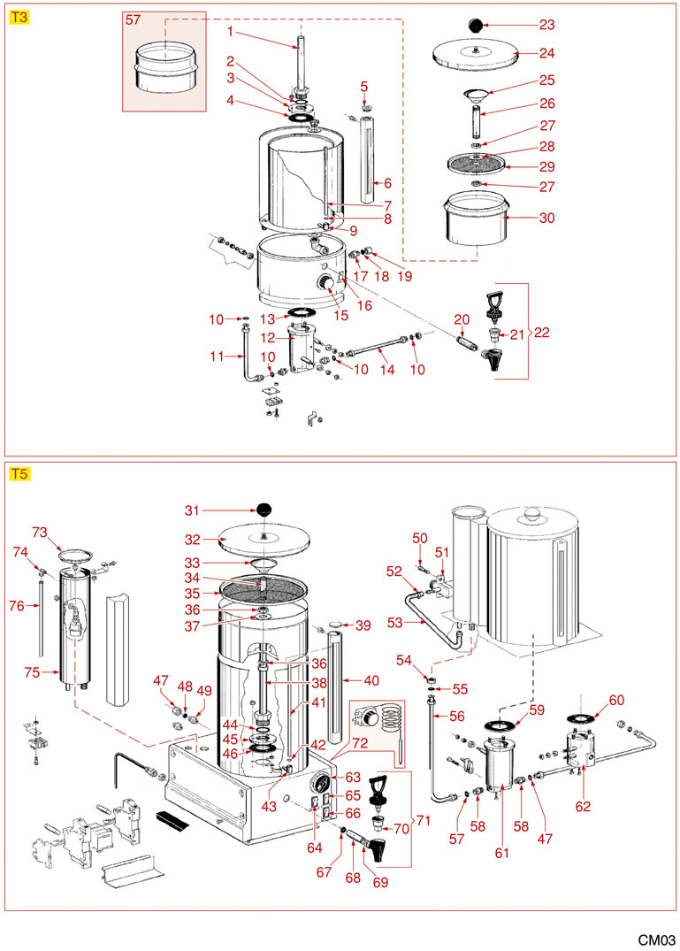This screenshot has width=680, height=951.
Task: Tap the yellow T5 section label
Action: pyautogui.click(x=19, y=473)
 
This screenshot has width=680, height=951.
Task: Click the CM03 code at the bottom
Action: pyautogui.click(x=658, y=939)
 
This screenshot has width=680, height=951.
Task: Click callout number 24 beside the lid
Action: pyautogui.click(x=546, y=52)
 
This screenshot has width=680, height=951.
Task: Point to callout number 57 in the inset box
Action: pyautogui.click(x=133, y=19)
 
